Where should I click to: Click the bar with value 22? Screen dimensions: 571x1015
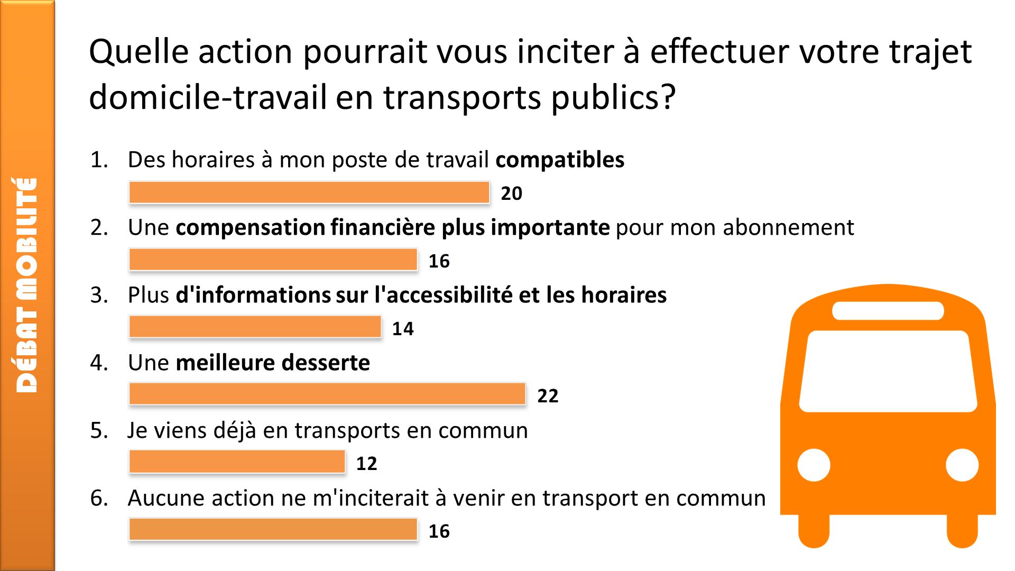(327, 394)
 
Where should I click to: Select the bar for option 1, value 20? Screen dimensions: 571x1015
(309, 192)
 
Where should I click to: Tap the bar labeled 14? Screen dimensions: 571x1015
(255, 327)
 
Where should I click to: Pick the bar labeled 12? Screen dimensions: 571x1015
(237, 462)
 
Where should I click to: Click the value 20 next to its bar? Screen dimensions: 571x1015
(511, 194)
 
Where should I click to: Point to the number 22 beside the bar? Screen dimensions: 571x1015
(548, 396)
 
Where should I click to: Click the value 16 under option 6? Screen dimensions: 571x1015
(439, 531)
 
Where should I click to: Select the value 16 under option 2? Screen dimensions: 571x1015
(439, 261)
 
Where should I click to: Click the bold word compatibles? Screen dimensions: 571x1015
(560, 160)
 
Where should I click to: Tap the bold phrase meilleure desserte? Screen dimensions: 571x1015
(273, 363)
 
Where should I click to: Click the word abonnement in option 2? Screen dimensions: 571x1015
(788, 227)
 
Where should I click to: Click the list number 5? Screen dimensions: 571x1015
(98, 430)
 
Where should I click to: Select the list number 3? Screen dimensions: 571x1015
(98, 295)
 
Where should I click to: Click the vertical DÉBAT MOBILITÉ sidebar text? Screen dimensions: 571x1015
(26, 285)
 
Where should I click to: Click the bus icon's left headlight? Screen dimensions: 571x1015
(814, 465)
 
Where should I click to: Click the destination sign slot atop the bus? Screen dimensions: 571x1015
(888, 311)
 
